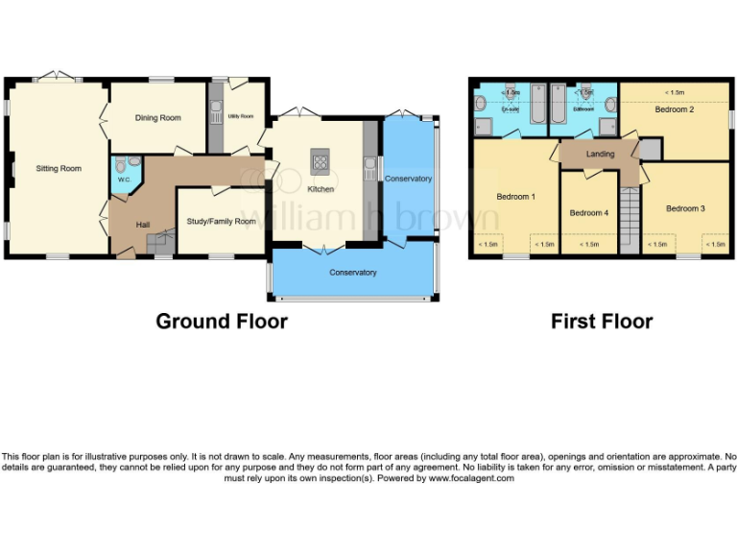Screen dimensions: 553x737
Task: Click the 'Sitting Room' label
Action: click(59, 169)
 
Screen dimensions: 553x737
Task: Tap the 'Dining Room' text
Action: click(157, 118)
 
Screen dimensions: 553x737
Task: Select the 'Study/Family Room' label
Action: click(221, 222)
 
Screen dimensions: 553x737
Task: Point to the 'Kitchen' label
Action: click(320, 189)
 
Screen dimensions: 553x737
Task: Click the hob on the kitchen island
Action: click(320, 160)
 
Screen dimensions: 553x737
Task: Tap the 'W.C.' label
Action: click(124, 180)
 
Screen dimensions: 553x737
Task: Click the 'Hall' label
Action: click(142, 225)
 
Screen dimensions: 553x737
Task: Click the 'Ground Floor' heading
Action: click(222, 322)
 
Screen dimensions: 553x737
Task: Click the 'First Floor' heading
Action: click(602, 322)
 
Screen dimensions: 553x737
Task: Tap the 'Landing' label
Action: click(600, 154)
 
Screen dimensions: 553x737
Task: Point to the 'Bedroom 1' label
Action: click(515, 197)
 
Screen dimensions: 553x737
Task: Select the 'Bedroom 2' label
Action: click(674, 109)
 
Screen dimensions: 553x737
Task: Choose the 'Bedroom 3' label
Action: click(685, 208)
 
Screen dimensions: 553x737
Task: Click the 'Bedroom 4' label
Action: click(588, 213)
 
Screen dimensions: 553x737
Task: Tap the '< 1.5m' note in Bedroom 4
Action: click(589, 245)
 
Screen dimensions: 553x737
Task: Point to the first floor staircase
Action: click(629, 219)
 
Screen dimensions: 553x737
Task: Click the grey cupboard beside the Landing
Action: click(650, 149)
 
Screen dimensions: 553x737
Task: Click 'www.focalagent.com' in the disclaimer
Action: click(471, 478)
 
